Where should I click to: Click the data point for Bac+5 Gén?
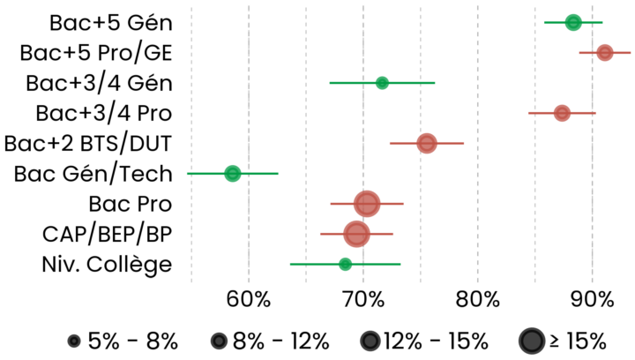(573, 22)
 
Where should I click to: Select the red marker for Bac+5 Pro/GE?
(604, 53)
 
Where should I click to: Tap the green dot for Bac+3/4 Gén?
(382, 83)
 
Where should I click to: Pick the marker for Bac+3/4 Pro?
(562, 113)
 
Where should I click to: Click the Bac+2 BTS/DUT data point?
(427, 143)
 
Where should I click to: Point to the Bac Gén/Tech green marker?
(232, 174)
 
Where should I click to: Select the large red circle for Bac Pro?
(366, 204)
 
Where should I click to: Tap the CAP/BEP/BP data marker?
(356, 234)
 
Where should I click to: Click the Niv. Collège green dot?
(345, 264)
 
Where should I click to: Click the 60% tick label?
(249, 298)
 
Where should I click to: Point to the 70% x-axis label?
(363, 298)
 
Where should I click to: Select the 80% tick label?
(477, 298)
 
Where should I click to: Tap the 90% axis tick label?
(592, 298)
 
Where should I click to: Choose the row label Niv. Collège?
(106, 264)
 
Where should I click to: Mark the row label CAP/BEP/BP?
(107, 234)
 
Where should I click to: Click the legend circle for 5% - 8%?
(74, 341)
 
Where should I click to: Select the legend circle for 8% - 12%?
(218, 341)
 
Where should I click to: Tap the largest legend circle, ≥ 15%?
(531, 341)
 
